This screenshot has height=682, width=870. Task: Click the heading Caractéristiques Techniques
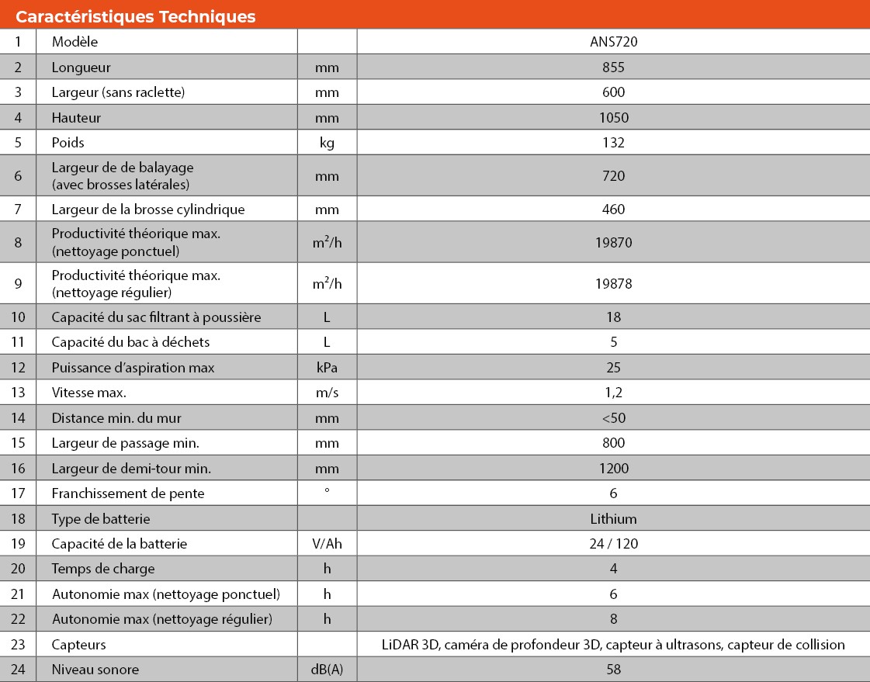click(136, 16)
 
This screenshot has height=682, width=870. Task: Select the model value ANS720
click(613, 42)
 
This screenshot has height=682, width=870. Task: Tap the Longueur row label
click(81, 68)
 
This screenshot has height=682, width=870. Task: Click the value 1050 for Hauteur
click(613, 118)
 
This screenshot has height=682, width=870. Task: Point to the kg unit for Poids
click(327, 143)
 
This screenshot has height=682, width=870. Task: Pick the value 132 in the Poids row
click(613, 143)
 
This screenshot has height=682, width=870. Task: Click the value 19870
click(613, 242)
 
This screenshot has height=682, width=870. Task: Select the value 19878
click(613, 284)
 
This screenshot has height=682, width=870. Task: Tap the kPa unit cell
click(327, 367)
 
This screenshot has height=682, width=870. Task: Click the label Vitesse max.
click(89, 393)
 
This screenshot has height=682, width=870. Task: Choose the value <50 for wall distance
click(613, 418)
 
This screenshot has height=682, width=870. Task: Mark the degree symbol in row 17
click(327, 491)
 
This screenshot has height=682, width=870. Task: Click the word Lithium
click(613, 518)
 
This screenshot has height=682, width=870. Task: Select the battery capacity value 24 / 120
click(613, 544)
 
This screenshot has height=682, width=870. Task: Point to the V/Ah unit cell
click(327, 544)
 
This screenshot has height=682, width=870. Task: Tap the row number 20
click(19, 569)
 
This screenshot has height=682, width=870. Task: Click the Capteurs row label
click(79, 645)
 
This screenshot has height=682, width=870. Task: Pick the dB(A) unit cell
click(327, 669)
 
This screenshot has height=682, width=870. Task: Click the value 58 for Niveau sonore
click(613, 669)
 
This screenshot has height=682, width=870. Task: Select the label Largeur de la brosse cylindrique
click(148, 209)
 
